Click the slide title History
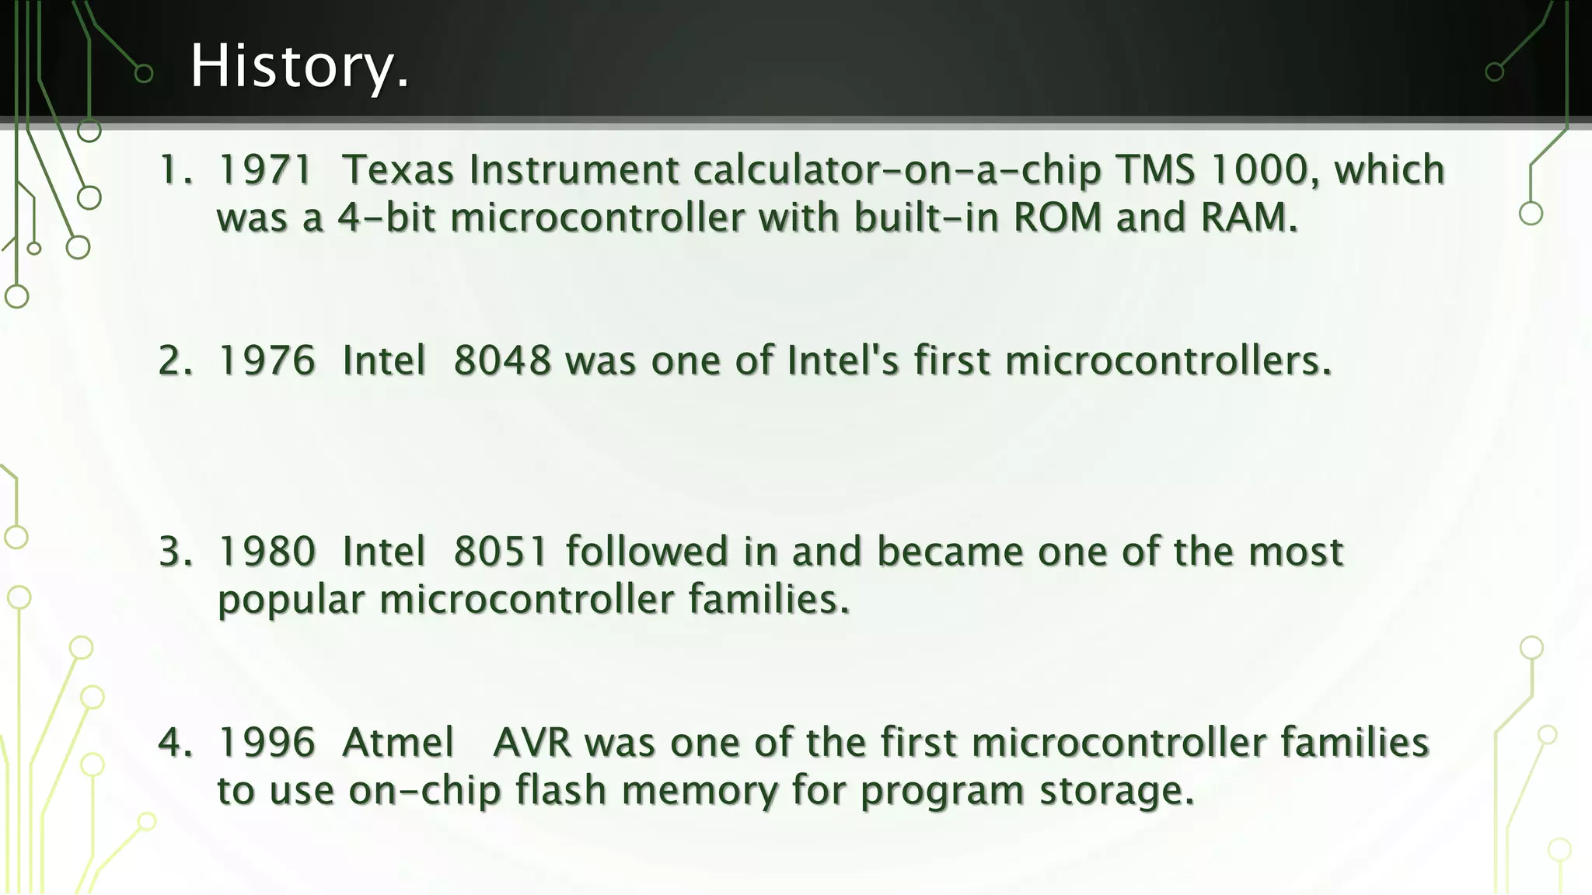tap(299, 67)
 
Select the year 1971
tap(266, 170)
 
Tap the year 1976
tap(267, 361)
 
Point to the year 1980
tap(267, 552)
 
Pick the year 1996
tap(267, 743)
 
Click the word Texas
tap(397, 170)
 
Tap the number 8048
tap(502, 361)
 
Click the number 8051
tap(501, 552)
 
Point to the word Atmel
tap(398, 743)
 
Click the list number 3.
tap(175, 552)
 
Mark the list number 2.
tap(175, 361)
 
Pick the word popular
tap(291, 601)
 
